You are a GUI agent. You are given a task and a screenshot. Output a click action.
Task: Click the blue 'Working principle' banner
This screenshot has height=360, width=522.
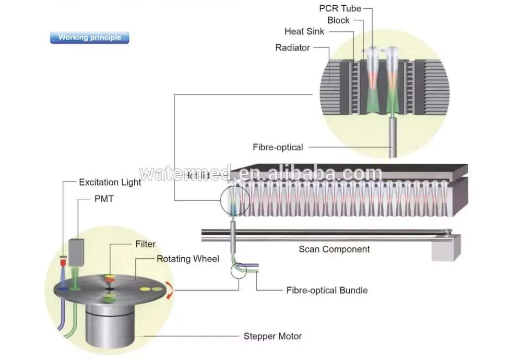tap(89, 38)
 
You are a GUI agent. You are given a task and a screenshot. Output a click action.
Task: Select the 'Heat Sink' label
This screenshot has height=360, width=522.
tap(304, 31)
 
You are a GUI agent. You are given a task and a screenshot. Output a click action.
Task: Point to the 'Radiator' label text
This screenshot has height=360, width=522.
tap(292, 47)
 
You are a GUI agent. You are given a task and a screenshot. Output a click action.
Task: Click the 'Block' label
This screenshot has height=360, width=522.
tap(338, 20)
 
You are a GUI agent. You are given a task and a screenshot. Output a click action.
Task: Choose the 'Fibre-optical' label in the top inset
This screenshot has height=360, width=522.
tap(278, 147)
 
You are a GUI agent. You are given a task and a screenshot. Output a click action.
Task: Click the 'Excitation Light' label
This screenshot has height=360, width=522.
tap(110, 182)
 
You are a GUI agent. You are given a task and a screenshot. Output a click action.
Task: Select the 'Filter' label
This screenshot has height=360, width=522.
tap(145, 244)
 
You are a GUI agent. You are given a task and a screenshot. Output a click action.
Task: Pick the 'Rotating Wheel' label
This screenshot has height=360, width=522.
tap(188, 259)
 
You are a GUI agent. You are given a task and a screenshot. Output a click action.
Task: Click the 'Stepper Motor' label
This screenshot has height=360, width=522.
tap(272, 336)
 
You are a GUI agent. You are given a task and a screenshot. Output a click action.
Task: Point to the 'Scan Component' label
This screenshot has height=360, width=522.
tap(334, 249)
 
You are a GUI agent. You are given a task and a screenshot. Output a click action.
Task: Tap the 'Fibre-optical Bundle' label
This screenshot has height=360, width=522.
tap(327, 290)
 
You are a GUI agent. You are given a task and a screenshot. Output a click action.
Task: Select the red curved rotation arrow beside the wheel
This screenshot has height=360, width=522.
tap(168, 291)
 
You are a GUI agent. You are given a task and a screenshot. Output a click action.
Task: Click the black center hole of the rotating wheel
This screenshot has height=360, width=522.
tap(110, 288)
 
